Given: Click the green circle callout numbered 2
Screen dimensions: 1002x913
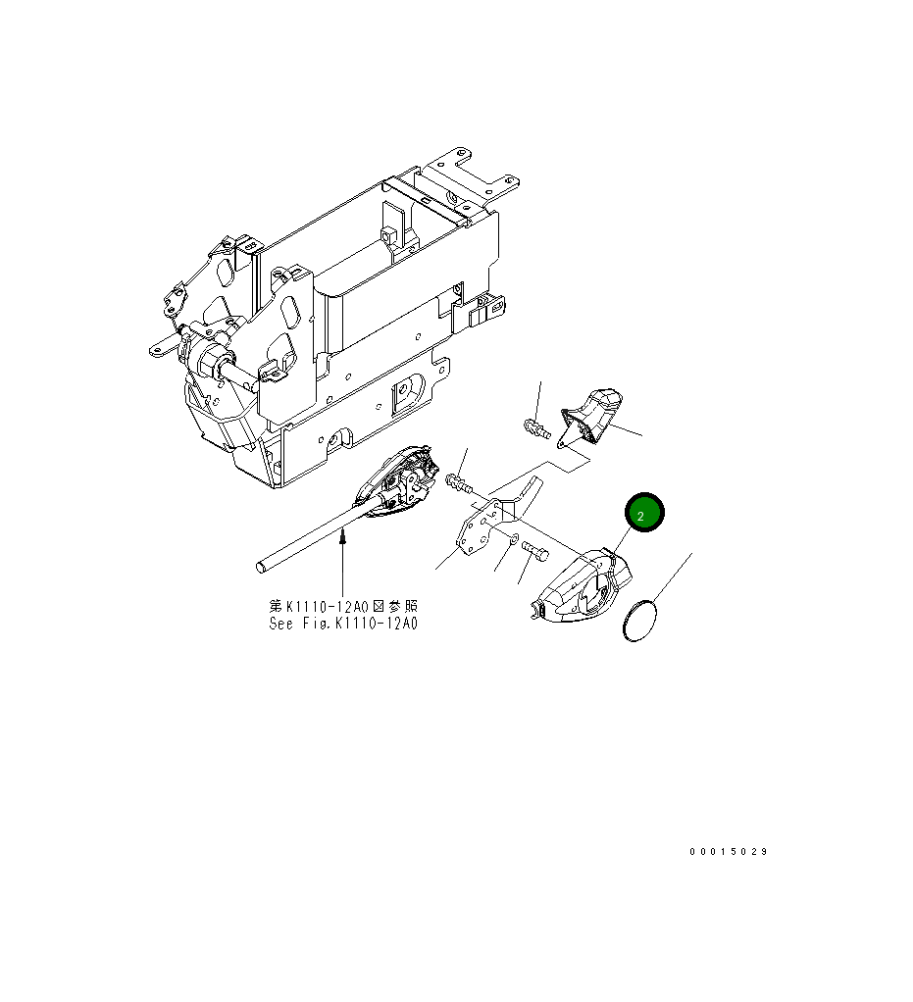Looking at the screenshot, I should [x=640, y=514].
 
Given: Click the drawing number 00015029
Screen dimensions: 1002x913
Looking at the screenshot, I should [x=728, y=851].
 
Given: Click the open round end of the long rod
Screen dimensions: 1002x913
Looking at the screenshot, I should [x=262, y=566].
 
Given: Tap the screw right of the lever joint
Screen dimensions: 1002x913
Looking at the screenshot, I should [x=458, y=482].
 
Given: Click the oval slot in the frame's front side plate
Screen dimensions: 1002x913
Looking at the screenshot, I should [x=290, y=312].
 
